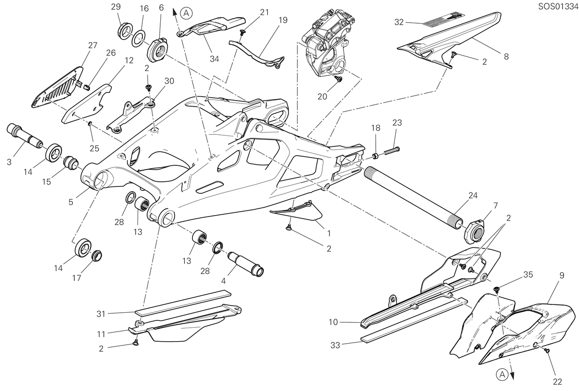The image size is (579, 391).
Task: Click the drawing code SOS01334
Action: point(558,6)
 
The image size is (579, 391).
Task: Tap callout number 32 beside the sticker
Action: point(399,22)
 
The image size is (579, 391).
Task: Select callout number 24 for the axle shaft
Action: point(473,195)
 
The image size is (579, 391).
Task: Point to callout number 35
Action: point(528,275)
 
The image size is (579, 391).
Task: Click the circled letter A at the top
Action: point(186,13)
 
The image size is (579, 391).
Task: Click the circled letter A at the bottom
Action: point(502,375)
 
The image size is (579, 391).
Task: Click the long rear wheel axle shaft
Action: point(414,196)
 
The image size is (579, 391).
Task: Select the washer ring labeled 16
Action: point(138,39)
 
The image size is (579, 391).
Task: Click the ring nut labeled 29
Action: point(125,31)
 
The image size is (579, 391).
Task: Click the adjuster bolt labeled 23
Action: point(392,151)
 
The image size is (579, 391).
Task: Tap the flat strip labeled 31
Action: point(183,303)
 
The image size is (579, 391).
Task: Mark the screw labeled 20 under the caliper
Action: point(339,78)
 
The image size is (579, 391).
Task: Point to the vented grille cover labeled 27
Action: point(57,87)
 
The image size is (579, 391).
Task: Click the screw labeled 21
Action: point(243,32)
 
